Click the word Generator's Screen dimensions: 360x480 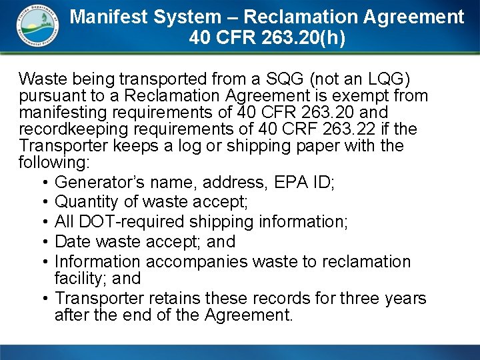point(96,181)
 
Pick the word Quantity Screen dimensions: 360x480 point(85,201)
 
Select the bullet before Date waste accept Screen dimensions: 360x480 point(43,241)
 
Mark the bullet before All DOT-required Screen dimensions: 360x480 point(43,221)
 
